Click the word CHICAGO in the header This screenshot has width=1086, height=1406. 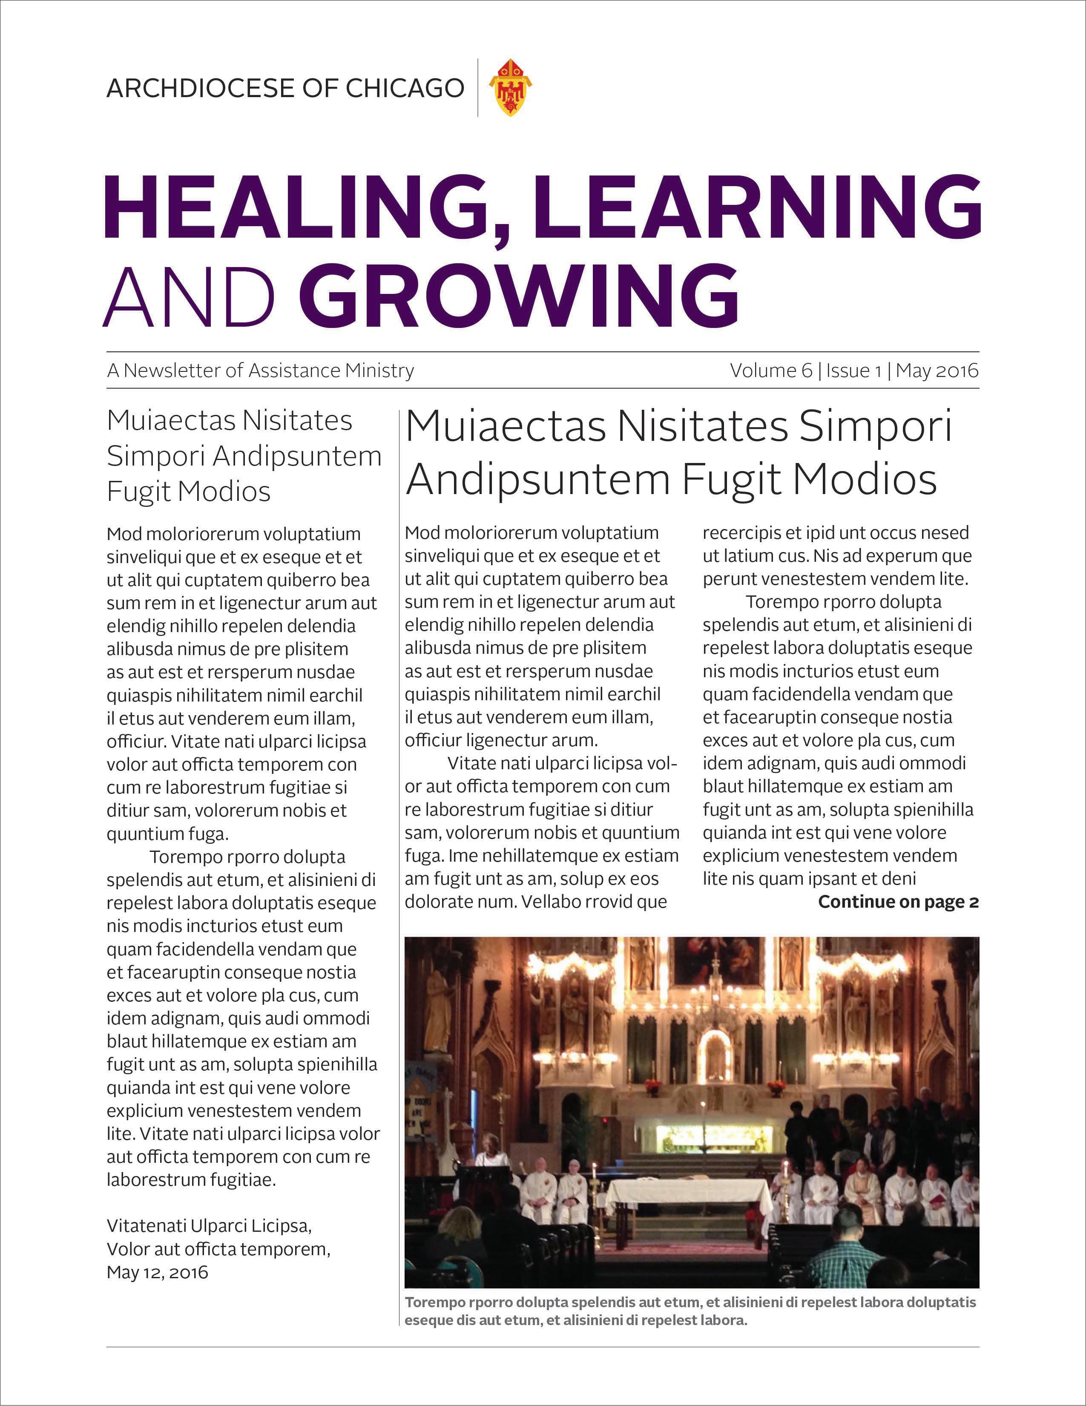click(405, 88)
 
